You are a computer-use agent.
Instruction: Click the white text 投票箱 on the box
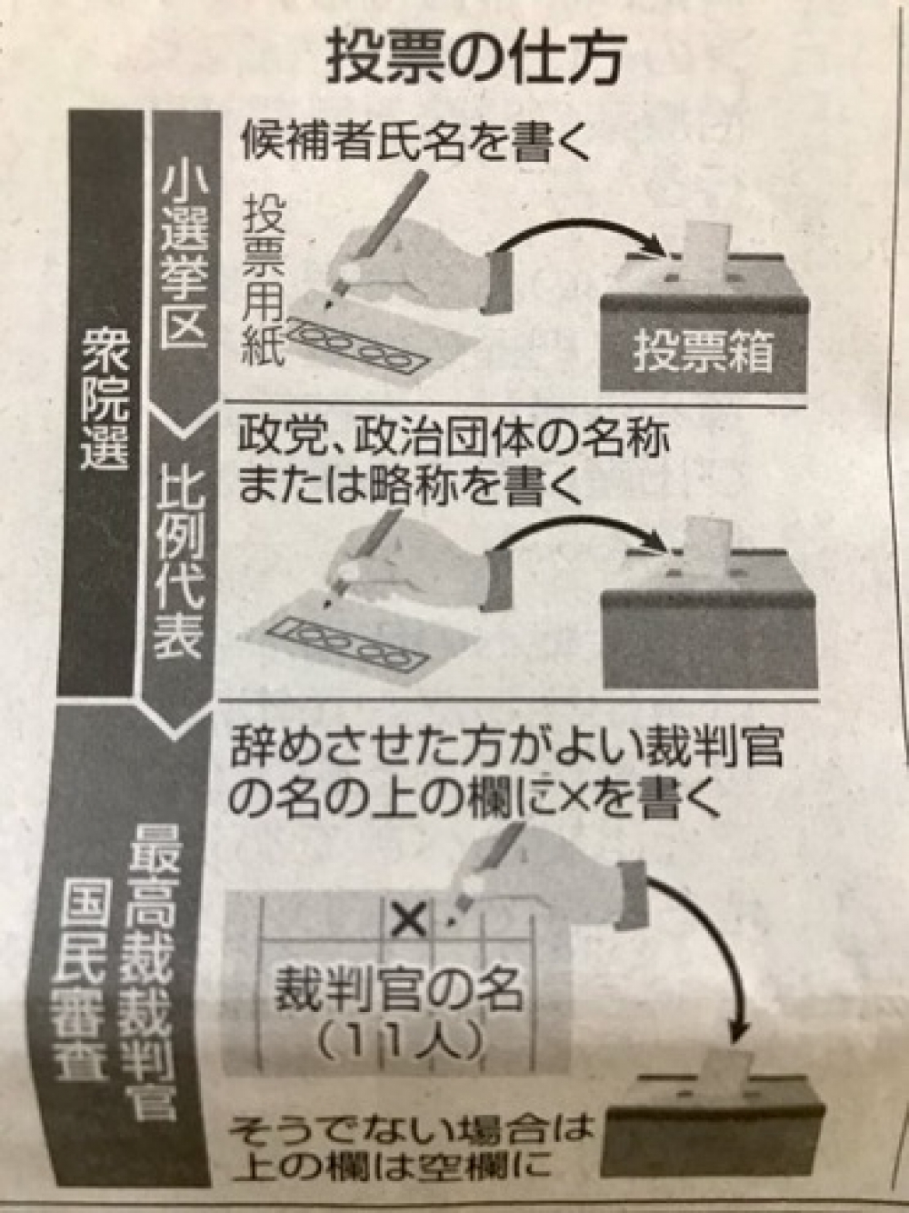(x=703, y=352)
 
